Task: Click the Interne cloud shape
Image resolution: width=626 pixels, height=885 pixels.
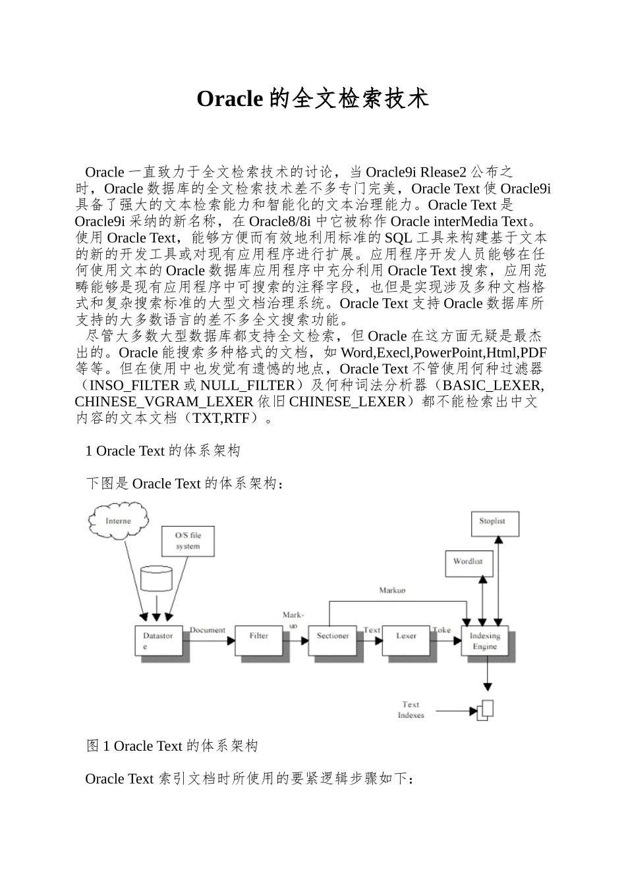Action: pos(119,521)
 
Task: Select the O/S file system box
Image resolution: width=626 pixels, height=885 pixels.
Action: pos(188,541)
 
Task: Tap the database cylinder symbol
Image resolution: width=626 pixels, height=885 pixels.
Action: pos(157,579)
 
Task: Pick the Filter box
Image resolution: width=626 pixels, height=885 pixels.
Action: pos(259,637)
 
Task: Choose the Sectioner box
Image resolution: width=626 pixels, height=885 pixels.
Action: pos(333,637)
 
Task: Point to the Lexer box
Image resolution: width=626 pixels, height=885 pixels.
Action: pos(406,637)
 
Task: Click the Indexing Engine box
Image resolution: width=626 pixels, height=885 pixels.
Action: pos(485,641)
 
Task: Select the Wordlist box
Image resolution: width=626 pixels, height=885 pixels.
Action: pos(468,562)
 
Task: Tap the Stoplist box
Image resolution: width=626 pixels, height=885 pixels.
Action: pos(492,522)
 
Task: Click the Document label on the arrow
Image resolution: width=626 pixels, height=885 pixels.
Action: pos(208,630)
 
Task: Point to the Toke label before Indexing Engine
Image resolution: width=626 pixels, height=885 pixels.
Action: pos(441,630)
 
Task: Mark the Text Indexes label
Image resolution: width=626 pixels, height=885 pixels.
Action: pos(411,710)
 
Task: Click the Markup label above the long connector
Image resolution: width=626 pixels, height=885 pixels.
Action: pos(392,591)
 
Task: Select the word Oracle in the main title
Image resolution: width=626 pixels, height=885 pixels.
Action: pos(230,99)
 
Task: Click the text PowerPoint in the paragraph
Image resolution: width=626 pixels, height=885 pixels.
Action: pos(448,353)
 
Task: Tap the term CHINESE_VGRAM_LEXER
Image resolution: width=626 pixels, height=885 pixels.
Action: pos(164,402)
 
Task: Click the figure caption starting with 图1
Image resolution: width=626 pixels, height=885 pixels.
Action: pos(172,746)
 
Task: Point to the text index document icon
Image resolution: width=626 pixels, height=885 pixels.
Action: pos(485,709)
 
